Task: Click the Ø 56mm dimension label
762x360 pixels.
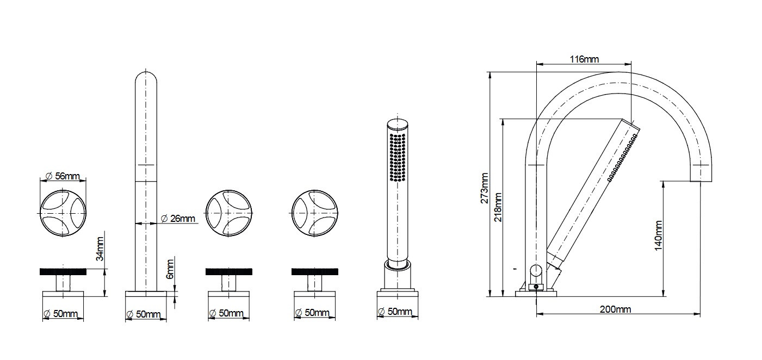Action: pyautogui.click(x=63, y=176)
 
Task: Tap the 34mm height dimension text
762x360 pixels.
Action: pyautogui.click(x=100, y=249)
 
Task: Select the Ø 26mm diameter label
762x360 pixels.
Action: pyautogui.click(x=178, y=219)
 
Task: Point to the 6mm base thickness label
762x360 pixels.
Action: pyautogui.click(x=170, y=269)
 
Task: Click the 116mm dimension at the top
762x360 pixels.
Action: pyautogui.click(x=584, y=59)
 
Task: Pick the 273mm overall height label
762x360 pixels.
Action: pyautogui.click(x=484, y=188)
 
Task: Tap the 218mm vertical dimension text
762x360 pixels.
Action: pyautogui.click(x=498, y=207)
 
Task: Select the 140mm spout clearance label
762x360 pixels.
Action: pyautogui.click(x=658, y=235)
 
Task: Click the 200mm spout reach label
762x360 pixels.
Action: pyautogui.click(x=615, y=309)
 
